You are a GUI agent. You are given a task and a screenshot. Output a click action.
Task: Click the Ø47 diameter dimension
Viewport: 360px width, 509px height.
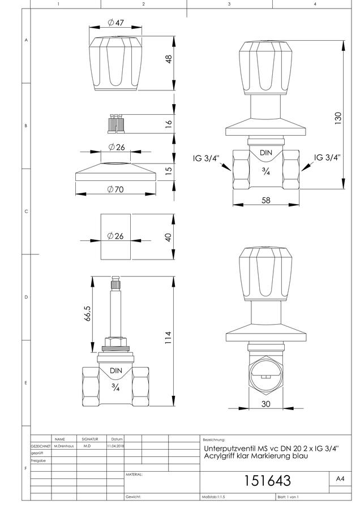(115, 23)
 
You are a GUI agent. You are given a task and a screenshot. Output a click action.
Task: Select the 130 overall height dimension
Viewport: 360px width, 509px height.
(338, 118)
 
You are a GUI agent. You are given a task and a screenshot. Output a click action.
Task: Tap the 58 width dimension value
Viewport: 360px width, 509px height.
(266, 200)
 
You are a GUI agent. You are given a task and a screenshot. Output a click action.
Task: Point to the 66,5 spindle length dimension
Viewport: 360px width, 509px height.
(88, 313)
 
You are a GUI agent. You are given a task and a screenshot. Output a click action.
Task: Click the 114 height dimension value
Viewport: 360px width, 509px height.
(168, 338)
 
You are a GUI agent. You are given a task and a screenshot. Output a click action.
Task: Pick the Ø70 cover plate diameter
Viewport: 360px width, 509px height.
(115, 189)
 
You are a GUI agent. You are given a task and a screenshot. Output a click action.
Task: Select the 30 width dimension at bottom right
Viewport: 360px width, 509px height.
(266, 404)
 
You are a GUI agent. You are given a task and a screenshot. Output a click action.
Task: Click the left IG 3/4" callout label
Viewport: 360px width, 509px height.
(206, 158)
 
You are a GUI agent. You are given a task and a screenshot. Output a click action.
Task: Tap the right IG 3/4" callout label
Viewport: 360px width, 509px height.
(327, 157)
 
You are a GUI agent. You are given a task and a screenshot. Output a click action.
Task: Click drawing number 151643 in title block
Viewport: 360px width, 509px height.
(267, 481)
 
